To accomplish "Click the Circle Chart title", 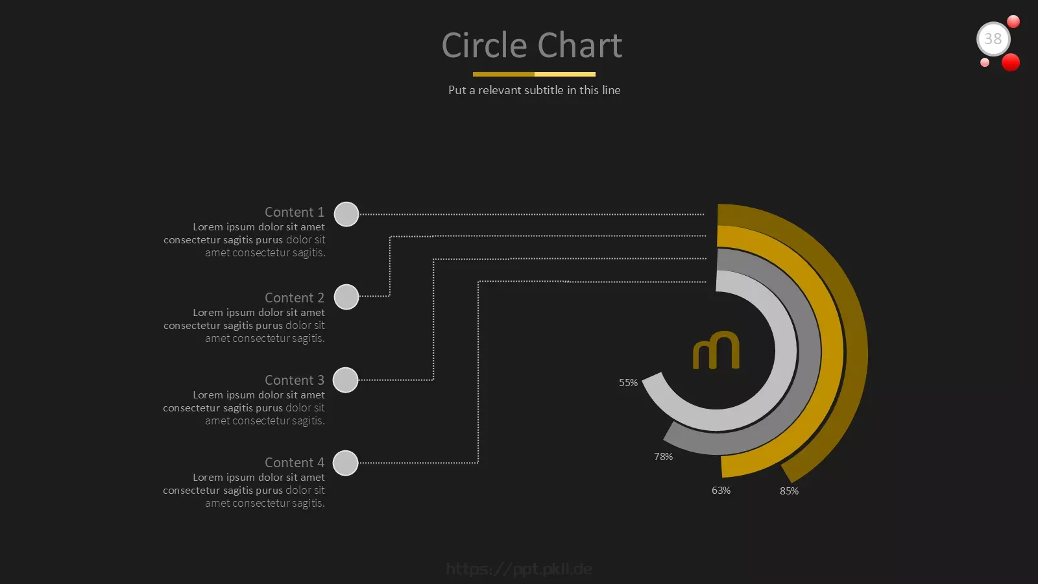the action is click(x=531, y=45).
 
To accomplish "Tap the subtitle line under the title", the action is click(x=535, y=90).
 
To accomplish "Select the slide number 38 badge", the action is click(x=993, y=39).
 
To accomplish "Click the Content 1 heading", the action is click(x=295, y=212).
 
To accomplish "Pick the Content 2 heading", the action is click(x=295, y=298).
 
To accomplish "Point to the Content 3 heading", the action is click(x=295, y=380).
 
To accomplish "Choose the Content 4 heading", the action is click(x=295, y=463).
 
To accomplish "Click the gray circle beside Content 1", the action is click(x=346, y=214).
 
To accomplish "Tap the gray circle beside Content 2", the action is click(x=346, y=297).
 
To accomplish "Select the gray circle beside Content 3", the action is click(x=346, y=380).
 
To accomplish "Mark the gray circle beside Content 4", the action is click(x=346, y=463).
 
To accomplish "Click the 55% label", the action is click(x=629, y=383).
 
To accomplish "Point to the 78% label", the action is click(x=663, y=457).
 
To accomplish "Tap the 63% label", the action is click(x=721, y=491).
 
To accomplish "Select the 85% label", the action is click(x=789, y=491).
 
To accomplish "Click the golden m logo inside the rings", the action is click(x=716, y=350).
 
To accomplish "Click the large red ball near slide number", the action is click(x=1011, y=62).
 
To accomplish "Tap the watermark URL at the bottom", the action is click(x=519, y=568).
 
